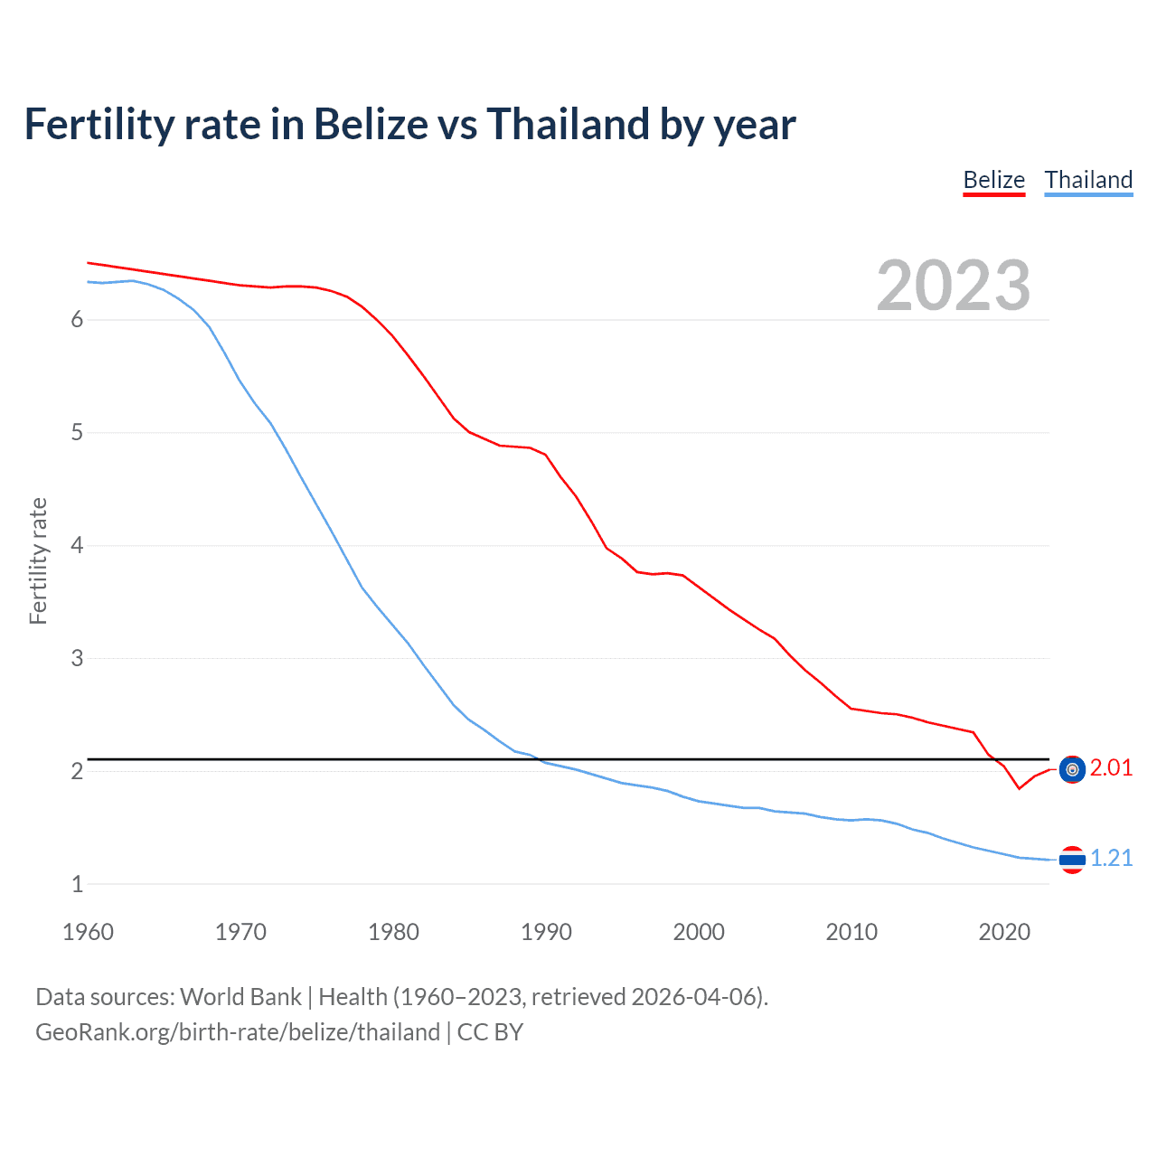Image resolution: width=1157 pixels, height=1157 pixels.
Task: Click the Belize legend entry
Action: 993,180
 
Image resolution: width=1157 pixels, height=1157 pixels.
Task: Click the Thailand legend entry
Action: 1088,180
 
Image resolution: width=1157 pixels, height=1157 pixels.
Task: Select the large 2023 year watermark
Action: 953,286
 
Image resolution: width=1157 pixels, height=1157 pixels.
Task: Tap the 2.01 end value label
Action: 1111,768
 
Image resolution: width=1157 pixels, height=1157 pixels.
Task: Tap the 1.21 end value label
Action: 1111,858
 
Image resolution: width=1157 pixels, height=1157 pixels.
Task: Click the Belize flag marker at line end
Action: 1072,769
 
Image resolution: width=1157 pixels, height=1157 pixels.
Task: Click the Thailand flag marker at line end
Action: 1072,859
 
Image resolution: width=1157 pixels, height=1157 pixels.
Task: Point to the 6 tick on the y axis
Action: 77,320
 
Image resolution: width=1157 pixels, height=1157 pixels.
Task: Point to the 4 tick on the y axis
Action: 77,546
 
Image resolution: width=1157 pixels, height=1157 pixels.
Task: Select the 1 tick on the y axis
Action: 77,885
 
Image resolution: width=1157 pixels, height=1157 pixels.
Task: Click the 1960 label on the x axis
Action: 88,932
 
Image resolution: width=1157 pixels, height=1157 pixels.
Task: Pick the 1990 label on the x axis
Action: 546,932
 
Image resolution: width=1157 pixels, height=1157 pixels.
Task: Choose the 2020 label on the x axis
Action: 1004,932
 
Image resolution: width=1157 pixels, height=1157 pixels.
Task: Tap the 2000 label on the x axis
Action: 699,932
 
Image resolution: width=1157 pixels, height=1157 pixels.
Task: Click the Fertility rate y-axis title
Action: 38,560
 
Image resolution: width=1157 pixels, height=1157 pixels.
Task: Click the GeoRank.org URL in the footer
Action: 238,1032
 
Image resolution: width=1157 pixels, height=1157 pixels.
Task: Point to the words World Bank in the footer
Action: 240,997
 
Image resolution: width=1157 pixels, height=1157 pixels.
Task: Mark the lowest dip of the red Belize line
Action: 1019,788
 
